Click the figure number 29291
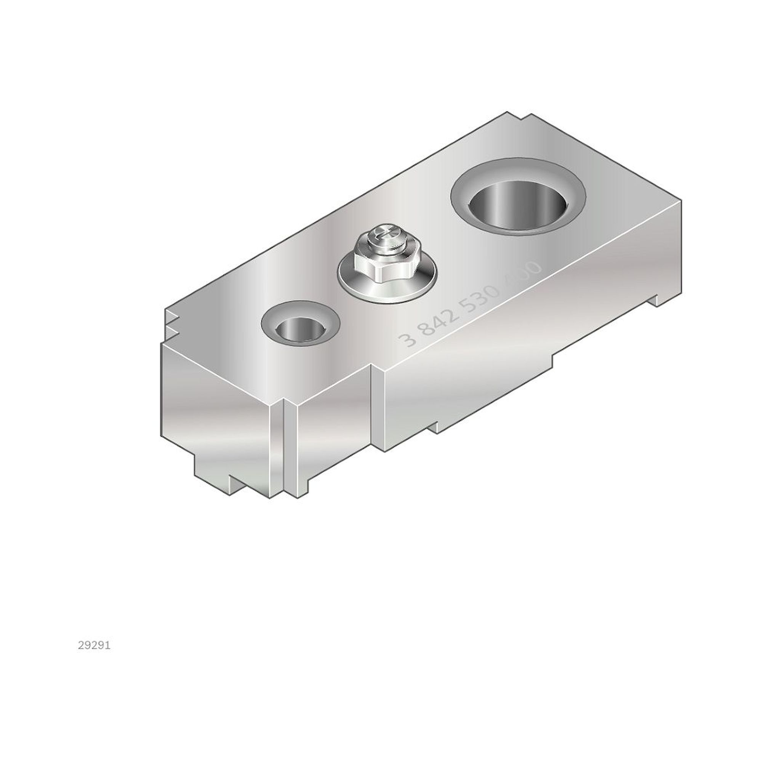click(94, 646)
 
